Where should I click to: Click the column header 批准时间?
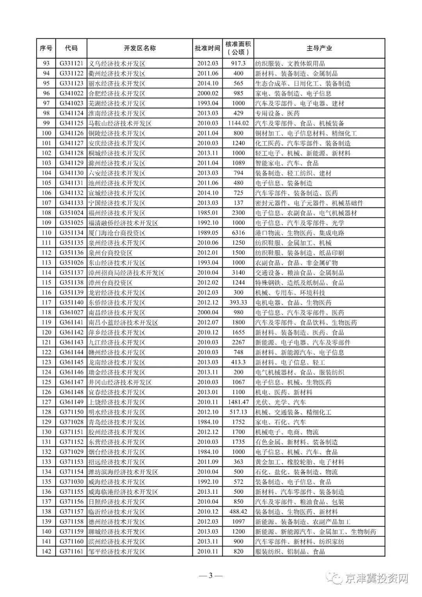pos(207,48)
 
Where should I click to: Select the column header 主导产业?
pos(319,48)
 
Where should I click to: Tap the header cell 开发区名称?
pos(139,48)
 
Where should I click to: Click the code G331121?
pos(72,63)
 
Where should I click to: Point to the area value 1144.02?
pos(238,123)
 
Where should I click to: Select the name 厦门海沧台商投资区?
pos(117,233)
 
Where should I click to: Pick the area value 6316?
pos(238,233)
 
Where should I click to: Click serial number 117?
pos(46,303)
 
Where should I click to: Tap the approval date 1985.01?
pos(207,213)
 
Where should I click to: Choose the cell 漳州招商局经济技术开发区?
pos(126,273)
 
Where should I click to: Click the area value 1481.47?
pos(238,402)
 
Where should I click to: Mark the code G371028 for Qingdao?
pos(72,422)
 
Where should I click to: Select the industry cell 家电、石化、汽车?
pos(280,422)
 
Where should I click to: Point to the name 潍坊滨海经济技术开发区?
pos(123,472)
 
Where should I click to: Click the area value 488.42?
pos(238,512)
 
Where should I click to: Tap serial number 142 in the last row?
pos(46,552)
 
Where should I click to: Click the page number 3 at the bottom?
pos(211,575)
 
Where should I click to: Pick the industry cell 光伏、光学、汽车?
pos(280,402)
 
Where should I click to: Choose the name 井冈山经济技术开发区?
pos(120,382)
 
